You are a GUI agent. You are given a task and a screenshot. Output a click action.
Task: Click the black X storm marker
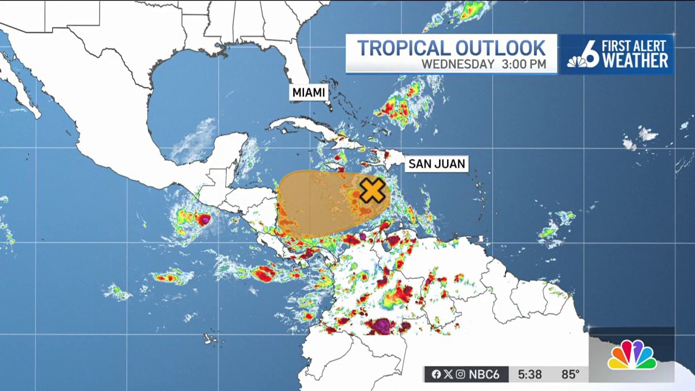click(x=372, y=191)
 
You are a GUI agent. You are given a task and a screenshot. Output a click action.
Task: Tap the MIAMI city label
click(x=308, y=93)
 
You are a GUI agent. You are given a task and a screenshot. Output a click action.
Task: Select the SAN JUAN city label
click(x=436, y=164)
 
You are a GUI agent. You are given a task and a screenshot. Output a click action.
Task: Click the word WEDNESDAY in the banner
click(x=457, y=64)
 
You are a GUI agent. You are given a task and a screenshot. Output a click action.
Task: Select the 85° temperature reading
click(x=570, y=375)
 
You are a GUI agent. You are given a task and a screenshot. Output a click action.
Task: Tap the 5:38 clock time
click(x=530, y=375)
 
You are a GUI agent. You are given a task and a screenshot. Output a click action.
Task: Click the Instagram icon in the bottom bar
click(x=460, y=375)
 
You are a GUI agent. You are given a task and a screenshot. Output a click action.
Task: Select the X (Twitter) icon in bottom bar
click(x=448, y=375)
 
